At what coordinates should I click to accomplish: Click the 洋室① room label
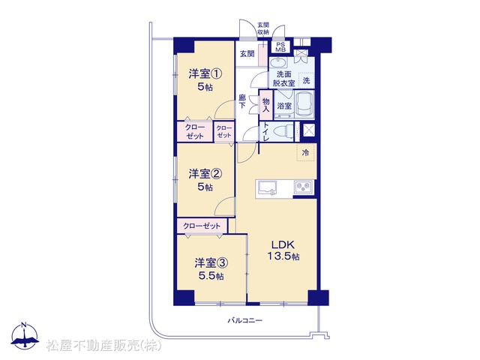coord(205,73)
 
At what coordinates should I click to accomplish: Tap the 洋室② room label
coord(205,174)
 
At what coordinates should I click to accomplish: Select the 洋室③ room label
coord(211,263)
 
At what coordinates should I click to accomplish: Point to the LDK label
coord(283,244)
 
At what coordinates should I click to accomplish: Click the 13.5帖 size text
coord(283,256)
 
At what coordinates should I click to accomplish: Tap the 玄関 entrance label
coord(247,54)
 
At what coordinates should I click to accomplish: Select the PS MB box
coord(280,47)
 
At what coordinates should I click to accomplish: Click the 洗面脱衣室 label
coord(283,79)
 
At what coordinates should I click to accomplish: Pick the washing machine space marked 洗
coord(306,80)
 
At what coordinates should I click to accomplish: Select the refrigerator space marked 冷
coord(306,152)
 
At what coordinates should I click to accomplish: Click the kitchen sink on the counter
coord(268,187)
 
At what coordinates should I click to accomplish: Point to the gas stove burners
coord(303,187)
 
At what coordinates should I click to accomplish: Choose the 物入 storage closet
coord(266,105)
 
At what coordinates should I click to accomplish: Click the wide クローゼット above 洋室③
coord(202,226)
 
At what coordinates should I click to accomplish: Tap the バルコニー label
coord(245,321)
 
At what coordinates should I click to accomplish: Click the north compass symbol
coord(25,336)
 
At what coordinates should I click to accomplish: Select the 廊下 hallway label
coord(242,102)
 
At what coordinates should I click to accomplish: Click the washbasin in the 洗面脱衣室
coord(278,63)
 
